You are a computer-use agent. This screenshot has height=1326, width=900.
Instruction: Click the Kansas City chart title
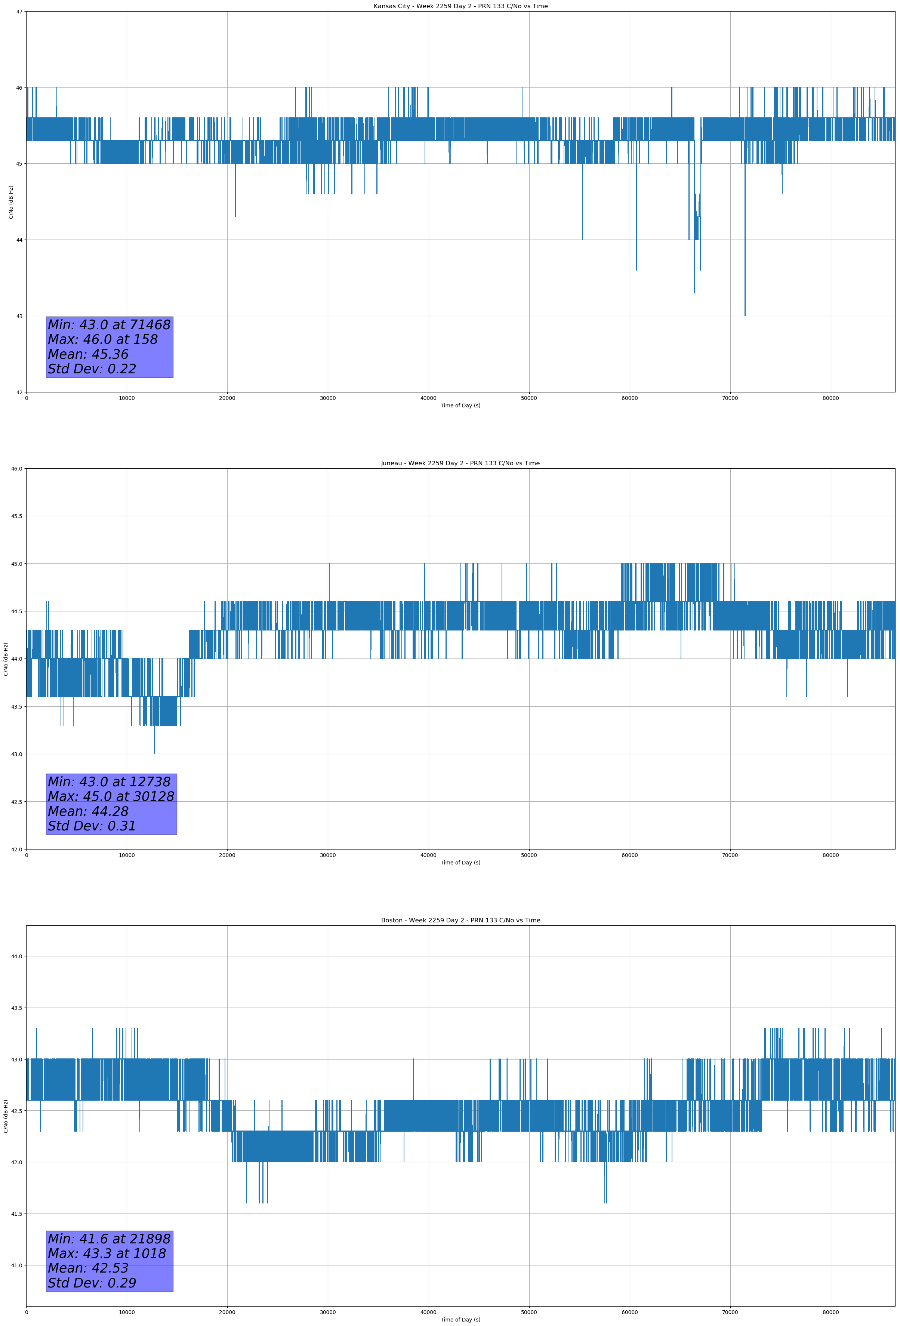tap(460, 6)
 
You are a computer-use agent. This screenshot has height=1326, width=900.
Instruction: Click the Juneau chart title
tap(460, 463)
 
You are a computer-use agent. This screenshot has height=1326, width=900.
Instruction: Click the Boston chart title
tap(460, 921)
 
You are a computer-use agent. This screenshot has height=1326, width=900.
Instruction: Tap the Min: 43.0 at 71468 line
tap(109, 325)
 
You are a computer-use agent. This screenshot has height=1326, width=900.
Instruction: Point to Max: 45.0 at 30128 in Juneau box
tap(111, 796)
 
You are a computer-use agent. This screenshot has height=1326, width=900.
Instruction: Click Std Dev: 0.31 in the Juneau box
tap(92, 826)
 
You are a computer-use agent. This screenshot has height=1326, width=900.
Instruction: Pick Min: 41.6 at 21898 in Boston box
tap(109, 1239)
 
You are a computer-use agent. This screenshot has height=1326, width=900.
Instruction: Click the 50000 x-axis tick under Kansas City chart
tap(528, 398)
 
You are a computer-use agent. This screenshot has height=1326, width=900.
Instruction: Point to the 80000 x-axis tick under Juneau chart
tap(830, 855)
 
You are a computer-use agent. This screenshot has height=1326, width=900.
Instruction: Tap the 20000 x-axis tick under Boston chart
tap(227, 1312)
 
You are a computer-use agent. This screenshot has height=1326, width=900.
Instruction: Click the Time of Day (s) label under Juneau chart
tap(460, 863)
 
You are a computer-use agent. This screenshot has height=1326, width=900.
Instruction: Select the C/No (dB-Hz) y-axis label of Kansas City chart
tap(11, 202)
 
